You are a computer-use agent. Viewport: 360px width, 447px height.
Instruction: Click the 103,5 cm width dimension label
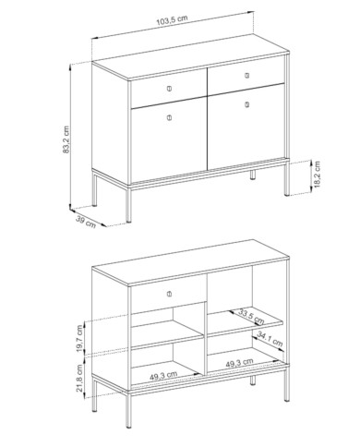[x=172, y=20]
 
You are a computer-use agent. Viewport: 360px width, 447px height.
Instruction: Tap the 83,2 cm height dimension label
[x=66, y=139]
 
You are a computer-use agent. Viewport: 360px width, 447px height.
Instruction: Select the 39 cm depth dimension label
[x=86, y=223]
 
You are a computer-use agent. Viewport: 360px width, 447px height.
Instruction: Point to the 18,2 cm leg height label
[x=317, y=175]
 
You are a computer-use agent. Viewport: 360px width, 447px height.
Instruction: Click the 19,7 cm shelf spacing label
[x=80, y=339]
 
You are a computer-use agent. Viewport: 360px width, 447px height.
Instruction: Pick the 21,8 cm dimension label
[x=80, y=378]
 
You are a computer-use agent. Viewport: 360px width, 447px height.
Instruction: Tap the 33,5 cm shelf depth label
[x=251, y=318]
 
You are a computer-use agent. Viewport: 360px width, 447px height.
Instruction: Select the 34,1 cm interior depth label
[x=270, y=339]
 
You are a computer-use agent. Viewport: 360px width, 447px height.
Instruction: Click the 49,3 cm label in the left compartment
[x=163, y=376]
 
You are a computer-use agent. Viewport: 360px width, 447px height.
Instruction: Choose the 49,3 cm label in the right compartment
[x=239, y=363]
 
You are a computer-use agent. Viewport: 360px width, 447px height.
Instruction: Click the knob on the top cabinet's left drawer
[x=169, y=89]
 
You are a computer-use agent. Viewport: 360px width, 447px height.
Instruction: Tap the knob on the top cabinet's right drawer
[x=247, y=75]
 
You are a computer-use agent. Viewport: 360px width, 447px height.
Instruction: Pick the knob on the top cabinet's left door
[x=169, y=117]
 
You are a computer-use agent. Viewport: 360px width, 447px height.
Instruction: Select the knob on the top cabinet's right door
[x=247, y=105]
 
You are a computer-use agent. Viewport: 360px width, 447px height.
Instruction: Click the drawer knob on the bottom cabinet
[x=169, y=294]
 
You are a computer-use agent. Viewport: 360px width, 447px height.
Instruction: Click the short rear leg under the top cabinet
[x=253, y=175]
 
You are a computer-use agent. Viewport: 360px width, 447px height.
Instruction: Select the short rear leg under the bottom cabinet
[x=253, y=381]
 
